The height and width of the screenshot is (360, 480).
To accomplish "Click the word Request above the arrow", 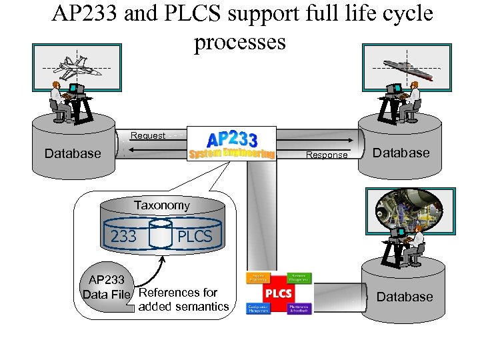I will point(148,135).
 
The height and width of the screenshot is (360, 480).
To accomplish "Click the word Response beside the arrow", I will point(327,155).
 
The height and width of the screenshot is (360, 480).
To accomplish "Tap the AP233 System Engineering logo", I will point(231,145).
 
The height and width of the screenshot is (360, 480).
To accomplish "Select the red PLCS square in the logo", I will point(278,293).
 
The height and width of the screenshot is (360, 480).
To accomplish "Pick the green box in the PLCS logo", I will point(299,278).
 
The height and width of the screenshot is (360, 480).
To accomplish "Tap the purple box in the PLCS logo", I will point(299,309).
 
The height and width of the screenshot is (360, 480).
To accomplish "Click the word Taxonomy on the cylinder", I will point(161,205).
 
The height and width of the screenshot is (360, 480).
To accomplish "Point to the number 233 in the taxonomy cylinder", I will point(123,236).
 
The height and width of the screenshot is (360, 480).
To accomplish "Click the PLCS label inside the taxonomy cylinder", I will point(194,236).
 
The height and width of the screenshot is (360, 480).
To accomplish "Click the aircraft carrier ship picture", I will point(407,67).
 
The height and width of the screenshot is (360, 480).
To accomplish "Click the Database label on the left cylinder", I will point(73,153).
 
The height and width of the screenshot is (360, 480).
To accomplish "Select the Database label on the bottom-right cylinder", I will point(405,297).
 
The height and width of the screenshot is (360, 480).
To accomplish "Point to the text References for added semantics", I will point(182,299).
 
